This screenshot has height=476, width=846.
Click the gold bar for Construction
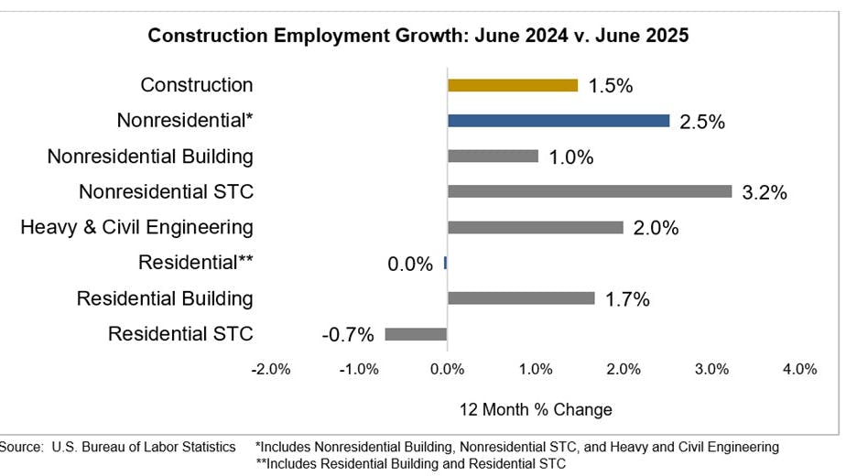tap(513, 85)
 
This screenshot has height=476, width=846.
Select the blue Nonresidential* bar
tap(559, 121)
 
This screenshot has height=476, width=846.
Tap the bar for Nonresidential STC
tap(590, 192)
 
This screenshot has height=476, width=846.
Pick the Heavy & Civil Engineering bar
tap(536, 228)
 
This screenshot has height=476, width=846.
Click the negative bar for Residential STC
tap(416, 334)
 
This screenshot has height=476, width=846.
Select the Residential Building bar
tap(521, 298)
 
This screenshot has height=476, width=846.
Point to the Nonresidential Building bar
tap(493, 157)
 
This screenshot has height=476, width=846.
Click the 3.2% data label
tap(765, 193)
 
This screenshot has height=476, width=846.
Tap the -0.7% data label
tap(348, 335)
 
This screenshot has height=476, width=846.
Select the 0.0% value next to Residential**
tap(410, 264)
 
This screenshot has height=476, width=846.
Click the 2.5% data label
tap(702, 122)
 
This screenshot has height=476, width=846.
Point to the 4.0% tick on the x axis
tap(799, 369)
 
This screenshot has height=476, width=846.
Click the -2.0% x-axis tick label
tap(271, 369)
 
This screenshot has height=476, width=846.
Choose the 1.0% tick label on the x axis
tap(535, 369)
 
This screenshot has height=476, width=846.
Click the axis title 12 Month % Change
tap(536, 409)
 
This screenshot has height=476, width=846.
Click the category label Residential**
tap(195, 263)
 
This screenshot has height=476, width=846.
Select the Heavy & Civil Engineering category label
tap(136, 227)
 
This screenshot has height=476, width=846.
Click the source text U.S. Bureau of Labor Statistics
tap(118, 447)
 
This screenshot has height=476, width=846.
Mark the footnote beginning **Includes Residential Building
tap(411, 463)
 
